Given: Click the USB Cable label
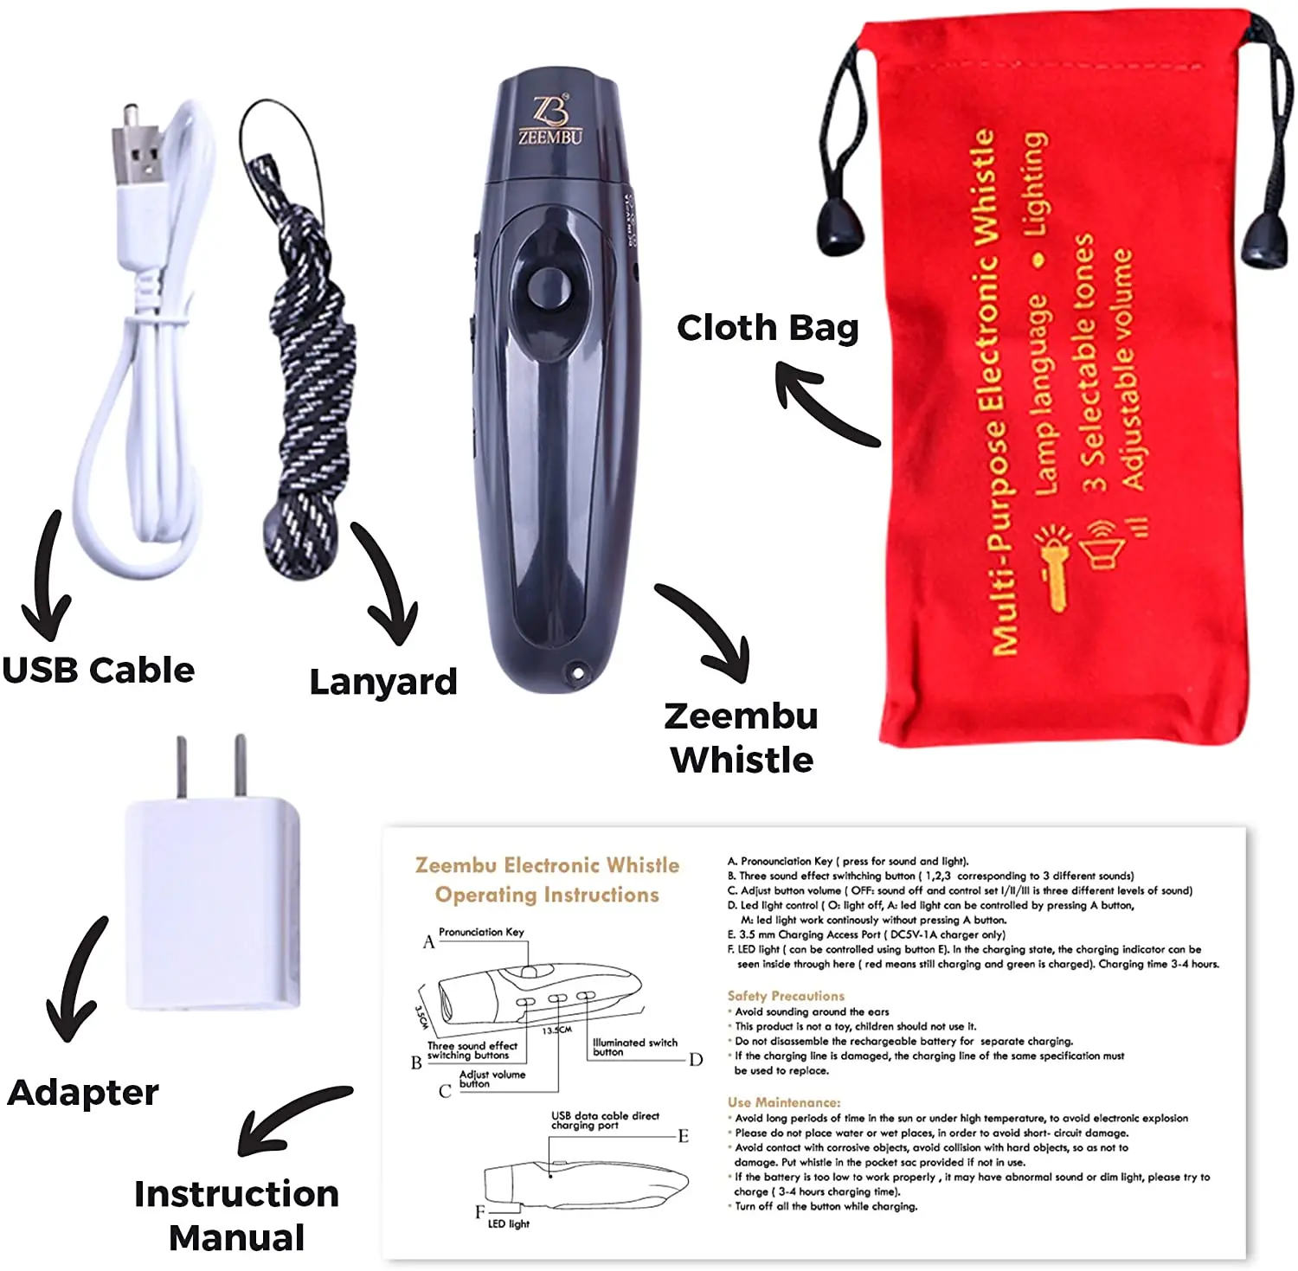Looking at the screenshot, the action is pyautogui.click(x=98, y=671).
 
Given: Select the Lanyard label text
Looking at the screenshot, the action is pyautogui.click(x=383, y=682).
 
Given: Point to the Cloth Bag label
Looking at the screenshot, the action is pyautogui.click(x=768, y=328).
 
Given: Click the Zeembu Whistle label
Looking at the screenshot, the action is pyautogui.click(x=742, y=738).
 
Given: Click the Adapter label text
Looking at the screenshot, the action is pyautogui.click(x=83, y=1093).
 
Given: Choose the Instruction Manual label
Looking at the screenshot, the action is pyautogui.click(x=236, y=1216).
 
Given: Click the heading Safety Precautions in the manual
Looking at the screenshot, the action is pyautogui.click(x=786, y=996).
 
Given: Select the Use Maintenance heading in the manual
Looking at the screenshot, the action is pyautogui.click(x=783, y=1102).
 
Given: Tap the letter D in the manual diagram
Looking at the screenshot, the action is pyautogui.click(x=696, y=1060).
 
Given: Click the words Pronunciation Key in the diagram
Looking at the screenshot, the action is pyautogui.click(x=481, y=932).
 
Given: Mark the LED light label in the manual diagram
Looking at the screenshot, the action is pyautogui.click(x=508, y=1223).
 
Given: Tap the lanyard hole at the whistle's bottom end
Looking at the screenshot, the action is pyautogui.click(x=575, y=671).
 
